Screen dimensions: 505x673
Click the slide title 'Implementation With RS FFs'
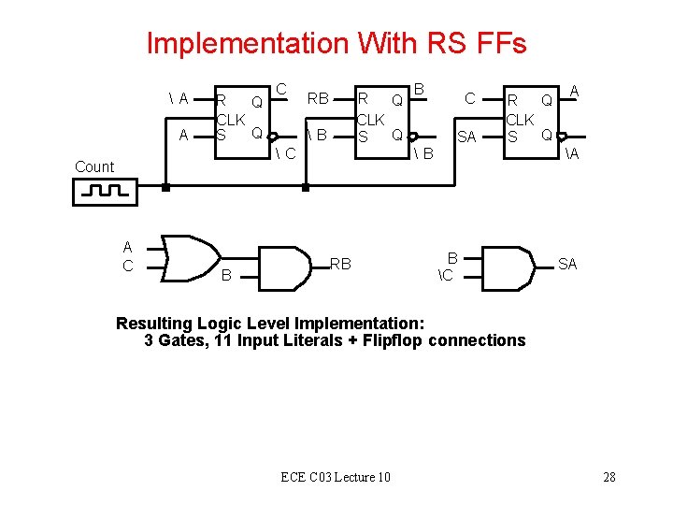click(336, 43)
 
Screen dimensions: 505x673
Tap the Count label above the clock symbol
click(94, 166)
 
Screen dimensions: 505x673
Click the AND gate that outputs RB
click(284, 267)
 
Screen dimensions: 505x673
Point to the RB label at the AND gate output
click(340, 265)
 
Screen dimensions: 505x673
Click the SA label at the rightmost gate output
click(567, 265)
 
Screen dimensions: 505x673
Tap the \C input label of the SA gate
click(445, 275)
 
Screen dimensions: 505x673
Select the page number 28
click(609, 478)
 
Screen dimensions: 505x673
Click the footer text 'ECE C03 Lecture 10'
click(336, 478)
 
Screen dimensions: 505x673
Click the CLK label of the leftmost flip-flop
click(230, 120)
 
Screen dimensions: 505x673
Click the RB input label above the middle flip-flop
click(318, 98)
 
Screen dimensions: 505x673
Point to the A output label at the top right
click(575, 91)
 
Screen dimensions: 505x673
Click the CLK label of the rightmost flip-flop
click(520, 120)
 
